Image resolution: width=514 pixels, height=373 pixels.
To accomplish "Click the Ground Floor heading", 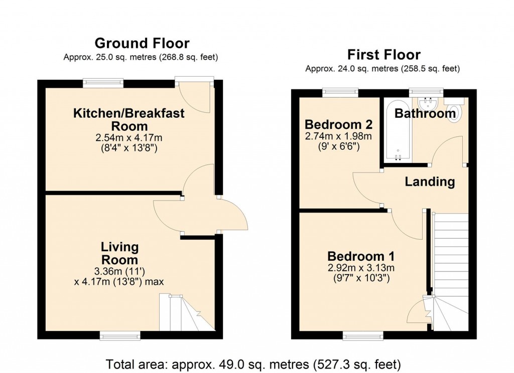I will (142, 43).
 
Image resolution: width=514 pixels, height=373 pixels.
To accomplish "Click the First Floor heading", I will (384, 54).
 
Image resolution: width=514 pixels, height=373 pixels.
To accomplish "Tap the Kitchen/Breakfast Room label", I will (129, 119).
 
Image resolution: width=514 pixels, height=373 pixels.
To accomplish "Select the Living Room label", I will (119, 253).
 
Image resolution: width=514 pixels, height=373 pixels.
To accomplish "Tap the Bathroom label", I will (425, 114).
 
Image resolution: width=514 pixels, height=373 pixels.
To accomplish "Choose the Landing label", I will (430, 182).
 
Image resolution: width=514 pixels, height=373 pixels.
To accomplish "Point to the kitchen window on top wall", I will (103, 83).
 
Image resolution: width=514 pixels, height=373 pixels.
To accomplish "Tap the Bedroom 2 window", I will (340, 93).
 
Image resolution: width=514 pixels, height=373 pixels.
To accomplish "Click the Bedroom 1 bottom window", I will (362, 335).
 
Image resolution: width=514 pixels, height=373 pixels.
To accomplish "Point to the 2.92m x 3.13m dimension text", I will (360, 267).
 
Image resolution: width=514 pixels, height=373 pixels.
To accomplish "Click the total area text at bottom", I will (253, 363).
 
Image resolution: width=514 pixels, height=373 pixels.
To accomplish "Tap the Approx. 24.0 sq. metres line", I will (382, 69).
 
